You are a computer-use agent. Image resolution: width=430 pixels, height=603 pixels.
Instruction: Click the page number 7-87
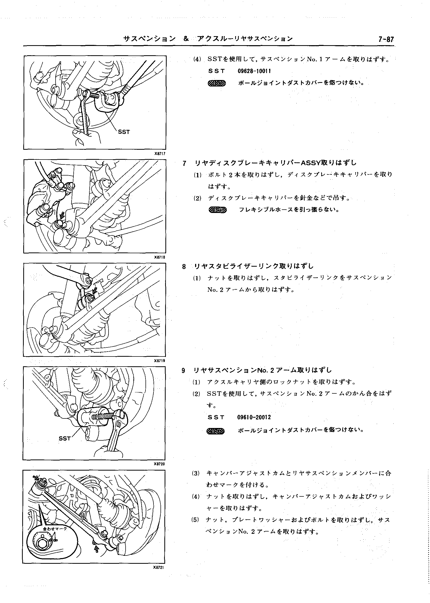pyautogui.click(x=386, y=40)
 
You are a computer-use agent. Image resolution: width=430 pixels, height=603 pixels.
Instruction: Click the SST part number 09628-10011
pyautogui.click(x=254, y=71)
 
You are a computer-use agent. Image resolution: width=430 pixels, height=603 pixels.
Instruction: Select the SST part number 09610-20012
pyautogui.click(x=254, y=417)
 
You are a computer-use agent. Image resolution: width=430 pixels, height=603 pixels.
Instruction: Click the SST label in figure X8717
pyautogui.click(x=124, y=132)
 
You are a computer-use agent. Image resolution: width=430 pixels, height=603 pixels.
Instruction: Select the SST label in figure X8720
pyautogui.click(x=65, y=439)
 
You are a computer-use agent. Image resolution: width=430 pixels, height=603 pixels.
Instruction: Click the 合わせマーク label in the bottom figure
pyautogui.click(x=55, y=528)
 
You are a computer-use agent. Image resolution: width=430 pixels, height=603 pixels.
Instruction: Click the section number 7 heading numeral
pyautogui.click(x=185, y=163)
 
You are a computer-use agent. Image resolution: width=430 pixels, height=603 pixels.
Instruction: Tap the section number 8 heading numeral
pyautogui.click(x=184, y=267)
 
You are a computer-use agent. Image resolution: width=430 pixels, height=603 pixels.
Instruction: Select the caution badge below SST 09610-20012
pyautogui.click(x=216, y=431)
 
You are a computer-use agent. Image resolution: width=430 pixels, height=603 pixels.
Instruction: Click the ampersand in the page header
pyautogui.click(x=186, y=39)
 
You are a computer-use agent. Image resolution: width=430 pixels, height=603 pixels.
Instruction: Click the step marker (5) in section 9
pyautogui.click(x=195, y=520)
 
